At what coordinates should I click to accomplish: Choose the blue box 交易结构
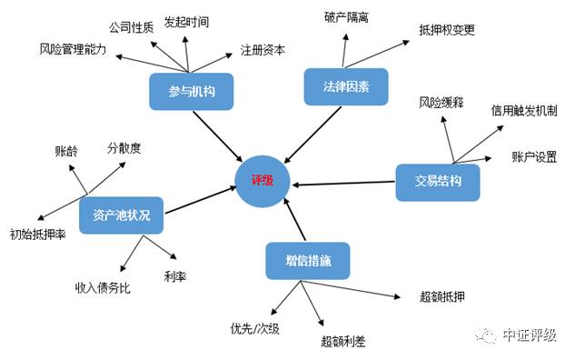[x=436, y=182]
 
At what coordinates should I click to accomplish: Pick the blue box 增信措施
[x=306, y=260]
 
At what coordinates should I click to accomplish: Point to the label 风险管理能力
[x=74, y=48]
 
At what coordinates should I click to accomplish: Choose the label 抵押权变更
[x=447, y=30]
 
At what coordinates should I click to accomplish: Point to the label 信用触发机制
[x=524, y=110]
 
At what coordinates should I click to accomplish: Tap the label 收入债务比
[x=103, y=287]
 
